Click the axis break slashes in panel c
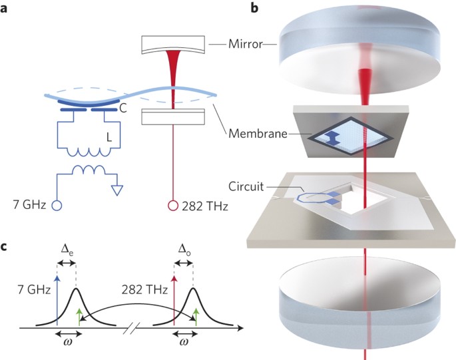[136, 327]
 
